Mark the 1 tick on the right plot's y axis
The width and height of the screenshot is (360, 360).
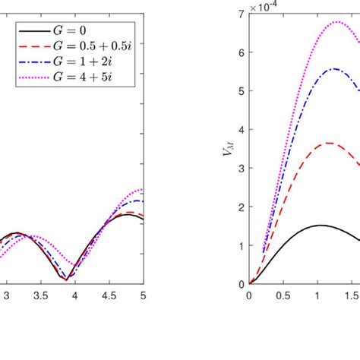click(x=241, y=246)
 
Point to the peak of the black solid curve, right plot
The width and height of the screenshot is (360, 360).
click(x=321, y=226)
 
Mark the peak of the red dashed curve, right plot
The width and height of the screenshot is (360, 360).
click(x=329, y=143)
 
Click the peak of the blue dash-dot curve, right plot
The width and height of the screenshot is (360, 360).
click(x=334, y=69)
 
